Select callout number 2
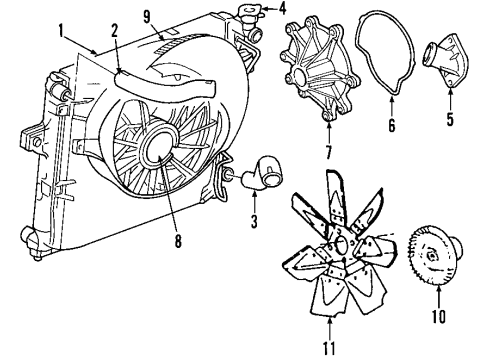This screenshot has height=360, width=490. (115, 30)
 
